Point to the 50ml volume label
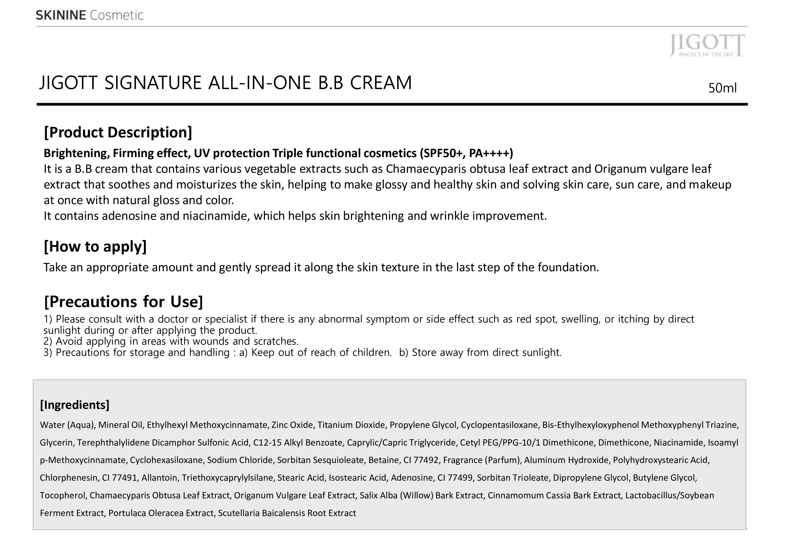click(722, 88)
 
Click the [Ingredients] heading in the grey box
click(75, 405)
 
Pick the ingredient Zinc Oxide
click(292, 425)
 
